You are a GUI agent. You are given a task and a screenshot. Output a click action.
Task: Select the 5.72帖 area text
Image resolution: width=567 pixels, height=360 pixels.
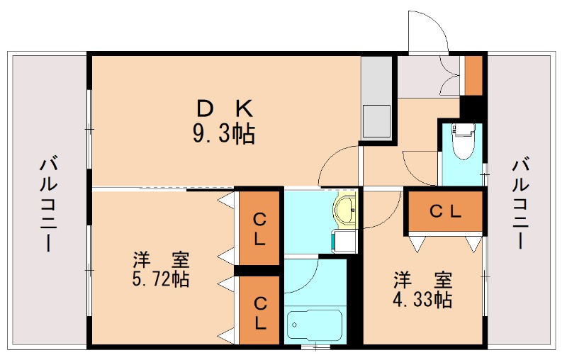coord(161,279)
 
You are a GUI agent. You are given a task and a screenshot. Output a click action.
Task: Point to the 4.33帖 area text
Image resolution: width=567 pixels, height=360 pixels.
coord(423,298)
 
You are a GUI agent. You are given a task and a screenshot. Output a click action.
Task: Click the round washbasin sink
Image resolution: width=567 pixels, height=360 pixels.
coord(345,210)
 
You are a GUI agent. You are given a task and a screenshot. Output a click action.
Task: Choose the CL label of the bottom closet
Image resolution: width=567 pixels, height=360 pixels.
coord(260,313)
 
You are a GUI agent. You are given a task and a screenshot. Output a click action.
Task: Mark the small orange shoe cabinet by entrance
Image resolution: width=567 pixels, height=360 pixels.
coord(473,74)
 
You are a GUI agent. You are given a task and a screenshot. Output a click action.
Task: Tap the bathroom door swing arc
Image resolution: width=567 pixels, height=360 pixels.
coord(301,276)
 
